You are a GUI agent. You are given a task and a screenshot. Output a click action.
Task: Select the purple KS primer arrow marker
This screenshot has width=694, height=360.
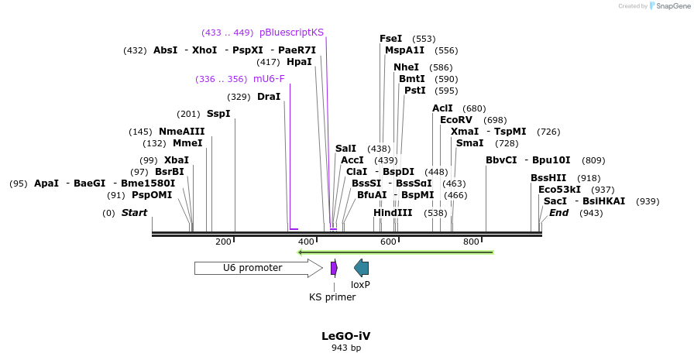coord(334,268)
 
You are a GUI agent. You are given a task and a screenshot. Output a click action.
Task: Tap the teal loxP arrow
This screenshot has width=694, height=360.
coord(361,268)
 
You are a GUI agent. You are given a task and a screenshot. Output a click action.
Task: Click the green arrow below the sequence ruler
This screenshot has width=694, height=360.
coord(395,252)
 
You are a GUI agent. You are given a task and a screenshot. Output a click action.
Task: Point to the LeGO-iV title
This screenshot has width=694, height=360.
coord(346,336)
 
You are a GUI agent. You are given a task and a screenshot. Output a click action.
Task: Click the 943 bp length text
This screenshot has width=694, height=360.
coord(346,348)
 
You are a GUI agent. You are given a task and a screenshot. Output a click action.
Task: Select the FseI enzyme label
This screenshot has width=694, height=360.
coord(390,39)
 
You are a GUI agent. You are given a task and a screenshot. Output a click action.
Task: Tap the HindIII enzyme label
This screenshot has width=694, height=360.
coord(393,213)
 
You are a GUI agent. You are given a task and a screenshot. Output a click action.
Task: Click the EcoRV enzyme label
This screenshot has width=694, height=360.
coord(455,120)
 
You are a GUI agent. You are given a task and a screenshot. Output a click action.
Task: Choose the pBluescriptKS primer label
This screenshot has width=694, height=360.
coord(291,33)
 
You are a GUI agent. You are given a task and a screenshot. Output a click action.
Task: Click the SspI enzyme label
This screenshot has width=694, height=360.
coord(218,114)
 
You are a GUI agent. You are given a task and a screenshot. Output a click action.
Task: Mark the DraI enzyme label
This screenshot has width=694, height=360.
coord(269,97)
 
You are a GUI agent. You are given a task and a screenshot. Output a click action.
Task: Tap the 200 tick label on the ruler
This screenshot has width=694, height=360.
coord(223,242)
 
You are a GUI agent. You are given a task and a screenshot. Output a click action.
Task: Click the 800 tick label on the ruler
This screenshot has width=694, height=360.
coord(471,242)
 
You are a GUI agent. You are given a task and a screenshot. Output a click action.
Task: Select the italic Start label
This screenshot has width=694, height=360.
coord(134,213)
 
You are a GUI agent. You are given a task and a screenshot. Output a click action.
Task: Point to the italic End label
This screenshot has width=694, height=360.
coord(558,213)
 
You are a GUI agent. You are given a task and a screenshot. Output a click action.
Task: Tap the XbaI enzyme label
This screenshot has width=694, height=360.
coord(177,160)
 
